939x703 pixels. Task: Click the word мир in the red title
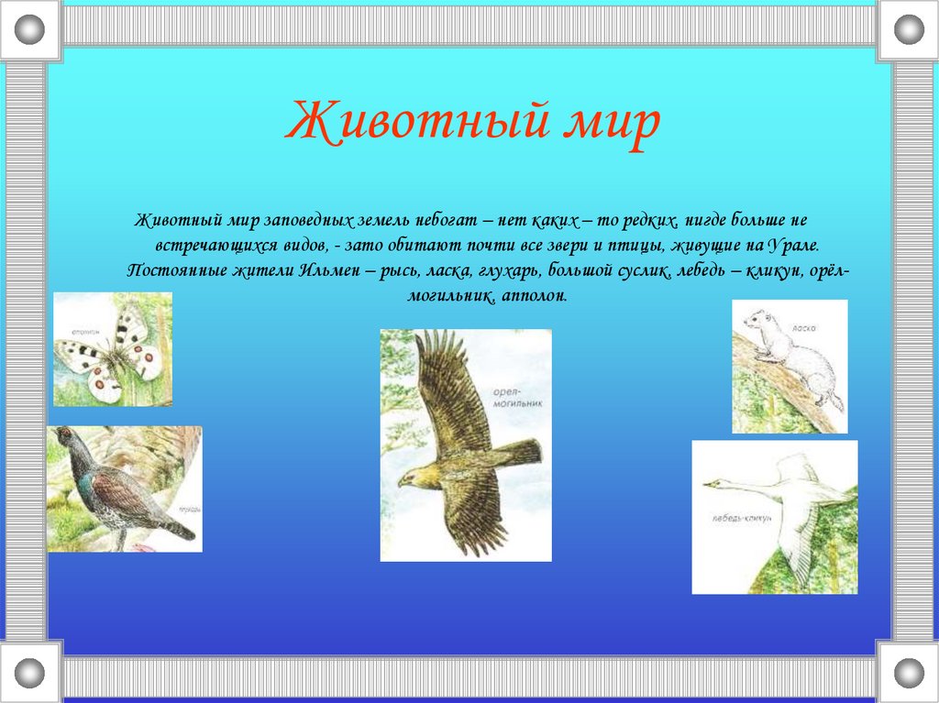point(610,126)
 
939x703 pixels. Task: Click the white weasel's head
point(755,320)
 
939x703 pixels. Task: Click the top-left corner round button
point(31,29)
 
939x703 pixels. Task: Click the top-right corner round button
point(908,29)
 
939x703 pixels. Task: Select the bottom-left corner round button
point(31,672)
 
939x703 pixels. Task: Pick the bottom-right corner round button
point(908,672)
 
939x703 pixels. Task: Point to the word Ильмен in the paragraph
point(330,272)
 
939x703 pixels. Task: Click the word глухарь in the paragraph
point(509,272)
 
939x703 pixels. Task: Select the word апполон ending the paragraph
point(535,297)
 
